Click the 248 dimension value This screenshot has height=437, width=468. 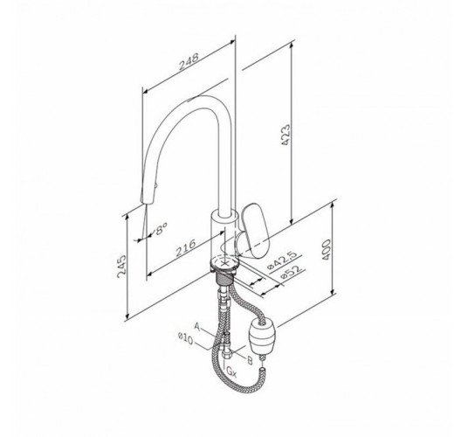tap(189, 61)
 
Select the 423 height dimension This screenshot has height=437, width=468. tap(286, 135)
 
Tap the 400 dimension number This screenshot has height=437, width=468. tap(327, 249)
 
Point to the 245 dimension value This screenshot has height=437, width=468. tap(121, 267)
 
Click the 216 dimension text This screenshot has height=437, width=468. tap(185, 247)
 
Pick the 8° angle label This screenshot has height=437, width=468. tap(161, 229)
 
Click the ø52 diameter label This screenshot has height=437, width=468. tap(291, 272)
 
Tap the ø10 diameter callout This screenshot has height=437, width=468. tap(185, 339)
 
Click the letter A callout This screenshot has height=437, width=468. tap(197, 326)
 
